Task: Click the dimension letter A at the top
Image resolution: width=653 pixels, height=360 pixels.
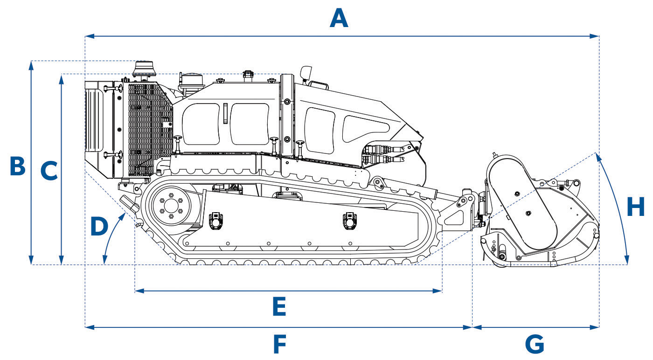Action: pos(339,19)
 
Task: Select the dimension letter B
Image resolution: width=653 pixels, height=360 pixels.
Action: pos(17,166)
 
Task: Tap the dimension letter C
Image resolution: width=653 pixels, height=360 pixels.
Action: pos(49,171)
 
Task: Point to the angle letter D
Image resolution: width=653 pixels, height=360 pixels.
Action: pos(98,227)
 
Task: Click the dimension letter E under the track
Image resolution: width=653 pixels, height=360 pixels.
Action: pos(278,307)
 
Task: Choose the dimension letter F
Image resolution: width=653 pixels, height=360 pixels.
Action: pos(279,345)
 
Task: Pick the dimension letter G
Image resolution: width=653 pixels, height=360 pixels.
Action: pos(535,345)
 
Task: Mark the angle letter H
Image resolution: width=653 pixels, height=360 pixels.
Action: pos(635,207)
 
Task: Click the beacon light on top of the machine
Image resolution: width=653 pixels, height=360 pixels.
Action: pos(144,69)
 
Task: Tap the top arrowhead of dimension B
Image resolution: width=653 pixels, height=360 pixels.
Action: pos(31,65)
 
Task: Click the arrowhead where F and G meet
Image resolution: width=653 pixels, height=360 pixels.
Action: pos(472,327)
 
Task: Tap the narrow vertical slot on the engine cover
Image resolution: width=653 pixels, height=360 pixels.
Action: pos(224,113)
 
